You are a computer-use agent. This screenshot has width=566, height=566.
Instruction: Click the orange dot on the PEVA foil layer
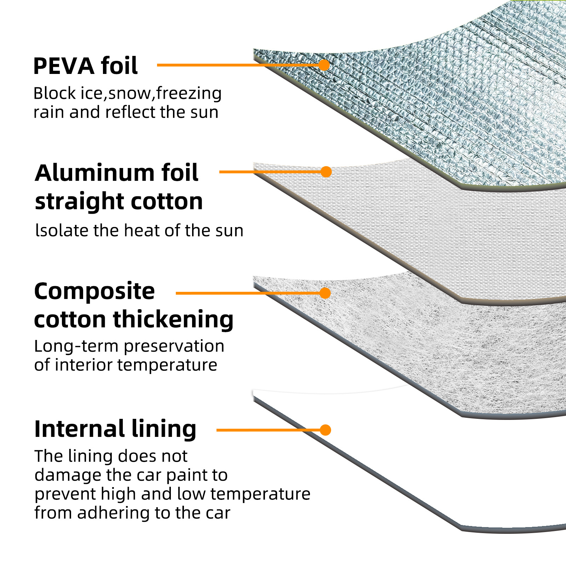pos(324,65)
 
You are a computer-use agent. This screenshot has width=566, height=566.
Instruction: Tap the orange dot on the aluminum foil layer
pos(326,172)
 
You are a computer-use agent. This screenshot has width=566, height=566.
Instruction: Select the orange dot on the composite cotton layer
pos(325,293)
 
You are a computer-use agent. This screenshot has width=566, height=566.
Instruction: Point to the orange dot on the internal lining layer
pos(325,430)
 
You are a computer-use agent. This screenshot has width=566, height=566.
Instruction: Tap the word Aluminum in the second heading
pos(94,173)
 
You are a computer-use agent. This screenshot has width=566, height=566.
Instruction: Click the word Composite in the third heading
pos(94,291)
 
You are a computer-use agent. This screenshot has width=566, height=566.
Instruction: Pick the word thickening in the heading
pos(173,319)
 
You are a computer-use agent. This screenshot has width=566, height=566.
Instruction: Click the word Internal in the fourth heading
pos(79,429)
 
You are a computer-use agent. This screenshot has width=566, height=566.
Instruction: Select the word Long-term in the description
pos(76,346)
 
